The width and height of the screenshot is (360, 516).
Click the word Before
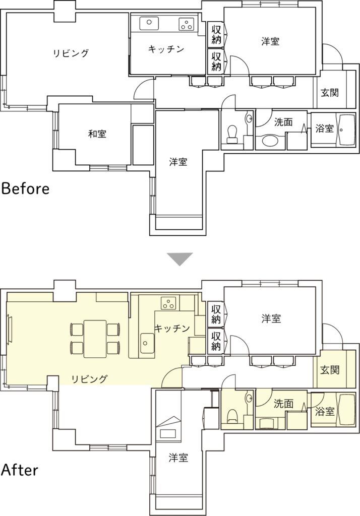(25, 189)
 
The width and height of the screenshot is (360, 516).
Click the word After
(20, 470)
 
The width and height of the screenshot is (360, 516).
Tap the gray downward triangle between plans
(179, 259)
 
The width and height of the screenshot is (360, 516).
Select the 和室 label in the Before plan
(97, 134)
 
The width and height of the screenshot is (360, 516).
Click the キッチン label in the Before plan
(166, 49)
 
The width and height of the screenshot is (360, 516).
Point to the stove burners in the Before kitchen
(187, 24)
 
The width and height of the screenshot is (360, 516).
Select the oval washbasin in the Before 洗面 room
(271, 142)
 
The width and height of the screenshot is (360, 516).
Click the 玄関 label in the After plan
(330, 370)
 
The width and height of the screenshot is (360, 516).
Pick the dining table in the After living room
(95, 339)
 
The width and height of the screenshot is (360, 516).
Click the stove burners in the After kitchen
(168, 303)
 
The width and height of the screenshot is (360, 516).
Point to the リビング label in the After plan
(90, 379)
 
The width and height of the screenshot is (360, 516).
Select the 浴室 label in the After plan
(325, 411)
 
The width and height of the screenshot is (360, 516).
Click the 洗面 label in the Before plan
(283, 122)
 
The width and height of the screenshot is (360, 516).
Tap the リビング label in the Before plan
(71, 53)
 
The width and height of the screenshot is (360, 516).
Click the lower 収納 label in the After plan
(216, 341)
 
